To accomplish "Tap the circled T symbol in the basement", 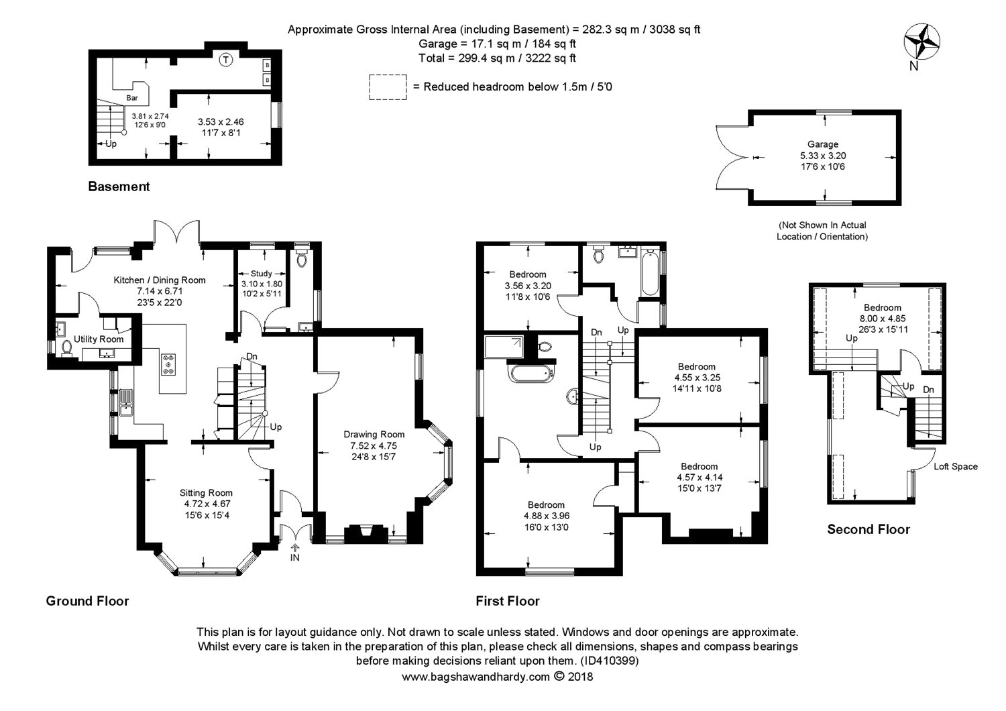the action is point(226,59).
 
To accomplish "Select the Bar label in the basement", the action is point(132,97).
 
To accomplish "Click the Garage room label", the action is point(823,144).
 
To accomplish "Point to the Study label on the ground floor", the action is point(262,273).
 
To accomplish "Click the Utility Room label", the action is point(99,339).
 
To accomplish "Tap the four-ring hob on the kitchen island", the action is point(169,364).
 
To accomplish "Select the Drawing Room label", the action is point(374,435).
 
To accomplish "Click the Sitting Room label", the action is point(206,493).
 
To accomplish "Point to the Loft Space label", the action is point(956,466).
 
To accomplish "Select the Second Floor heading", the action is point(869,529).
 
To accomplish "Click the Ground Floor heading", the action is point(88,601).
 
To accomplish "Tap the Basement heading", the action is point(119,186).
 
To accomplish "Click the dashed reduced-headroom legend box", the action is point(388,87).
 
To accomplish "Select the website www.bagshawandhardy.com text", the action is point(476,676).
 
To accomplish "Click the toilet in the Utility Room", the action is point(67,348).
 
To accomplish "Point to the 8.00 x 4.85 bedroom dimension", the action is point(883,319).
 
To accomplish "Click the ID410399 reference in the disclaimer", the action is point(610,661).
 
